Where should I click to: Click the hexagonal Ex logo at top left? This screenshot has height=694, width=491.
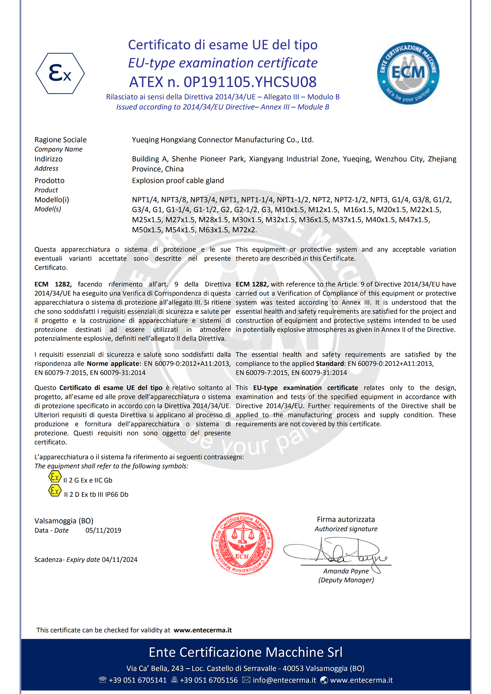pyautogui.click(x=60, y=74)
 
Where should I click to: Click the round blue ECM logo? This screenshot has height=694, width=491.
pyautogui.click(x=408, y=74)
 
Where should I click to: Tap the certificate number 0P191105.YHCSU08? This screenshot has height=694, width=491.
pyautogui.click(x=250, y=82)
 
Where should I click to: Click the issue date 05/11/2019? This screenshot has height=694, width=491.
pyautogui.click(x=103, y=530)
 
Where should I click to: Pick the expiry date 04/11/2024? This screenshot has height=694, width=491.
pyautogui.click(x=119, y=560)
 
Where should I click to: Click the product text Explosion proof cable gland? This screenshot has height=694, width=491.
pyautogui.click(x=178, y=180)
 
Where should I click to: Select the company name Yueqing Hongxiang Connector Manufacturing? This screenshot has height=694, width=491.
pyautogui.click(x=223, y=140)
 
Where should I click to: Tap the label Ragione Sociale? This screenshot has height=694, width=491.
pyautogui.click(x=61, y=140)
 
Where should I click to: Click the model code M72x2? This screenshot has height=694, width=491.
pyautogui.click(x=244, y=230)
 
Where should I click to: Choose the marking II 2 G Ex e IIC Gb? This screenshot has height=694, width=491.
pyautogui.click(x=88, y=480)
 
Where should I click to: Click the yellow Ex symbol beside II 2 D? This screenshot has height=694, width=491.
pyautogui.click(x=55, y=490)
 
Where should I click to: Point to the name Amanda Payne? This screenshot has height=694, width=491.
pyautogui.click(x=346, y=571)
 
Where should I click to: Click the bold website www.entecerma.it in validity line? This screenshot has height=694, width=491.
pyautogui.click(x=203, y=630)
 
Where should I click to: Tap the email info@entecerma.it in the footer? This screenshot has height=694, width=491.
pyautogui.click(x=284, y=680)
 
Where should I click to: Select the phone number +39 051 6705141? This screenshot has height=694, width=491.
pyautogui.click(x=137, y=680)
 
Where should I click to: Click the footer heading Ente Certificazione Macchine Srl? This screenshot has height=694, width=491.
pyautogui.click(x=245, y=652)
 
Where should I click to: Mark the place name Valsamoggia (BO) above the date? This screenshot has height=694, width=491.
pyautogui.click(x=64, y=521)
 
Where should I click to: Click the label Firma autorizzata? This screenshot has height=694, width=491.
pyautogui.click(x=346, y=520)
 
